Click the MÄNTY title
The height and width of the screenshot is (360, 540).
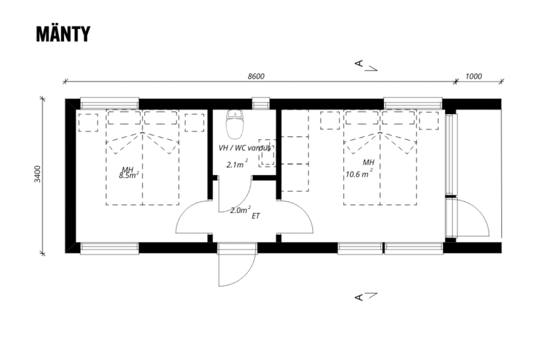(x=63, y=34)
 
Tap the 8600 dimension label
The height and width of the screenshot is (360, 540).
(x=256, y=76)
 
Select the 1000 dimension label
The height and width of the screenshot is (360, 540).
(x=473, y=76)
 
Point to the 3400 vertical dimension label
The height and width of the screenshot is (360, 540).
(x=37, y=174)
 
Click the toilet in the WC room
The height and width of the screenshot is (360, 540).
(x=236, y=123)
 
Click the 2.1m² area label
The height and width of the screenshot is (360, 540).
(x=237, y=164)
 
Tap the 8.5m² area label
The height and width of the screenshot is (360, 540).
(x=129, y=175)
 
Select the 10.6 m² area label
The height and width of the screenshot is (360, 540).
(x=359, y=173)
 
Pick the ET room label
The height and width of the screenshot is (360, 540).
(x=256, y=216)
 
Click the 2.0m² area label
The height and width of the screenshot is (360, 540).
(x=240, y=210)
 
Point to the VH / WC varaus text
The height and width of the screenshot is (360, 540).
(x=245, y=148)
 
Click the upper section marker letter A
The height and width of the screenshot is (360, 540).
(x=359, y=63)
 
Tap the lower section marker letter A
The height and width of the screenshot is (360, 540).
(x=359, y=297)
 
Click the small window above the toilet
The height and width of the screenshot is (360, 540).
(x=261, y=103)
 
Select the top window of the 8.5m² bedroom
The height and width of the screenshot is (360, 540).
(x=110, y=103)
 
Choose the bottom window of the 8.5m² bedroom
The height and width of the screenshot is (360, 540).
(x=110, y=248)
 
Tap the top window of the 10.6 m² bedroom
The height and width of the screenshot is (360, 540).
(x=413, y=103)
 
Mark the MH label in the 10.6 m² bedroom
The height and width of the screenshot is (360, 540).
(x=368, y=162)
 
